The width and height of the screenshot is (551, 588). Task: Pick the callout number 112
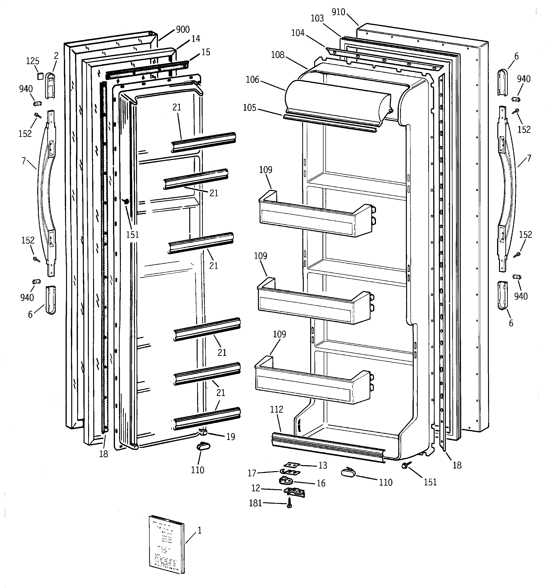coord(276,409)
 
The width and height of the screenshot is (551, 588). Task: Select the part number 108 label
coord(277,55)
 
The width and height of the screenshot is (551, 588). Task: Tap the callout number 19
coord(231,437)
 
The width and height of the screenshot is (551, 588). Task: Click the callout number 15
coord(205,52)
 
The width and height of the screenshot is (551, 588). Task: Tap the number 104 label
coord(298,33)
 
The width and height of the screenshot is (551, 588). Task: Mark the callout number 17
coord(252,473)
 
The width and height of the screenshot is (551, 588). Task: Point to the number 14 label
coord(195,39)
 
